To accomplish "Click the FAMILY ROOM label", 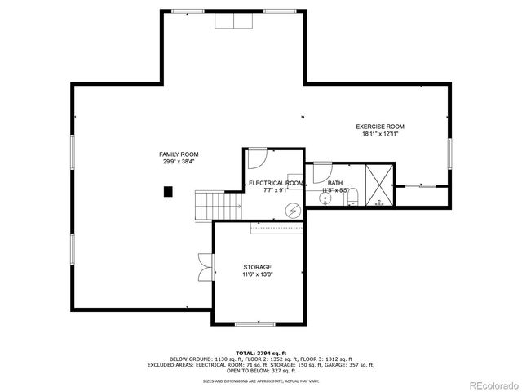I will click(x=179, y=154).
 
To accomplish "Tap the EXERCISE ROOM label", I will click(x=379, y=127).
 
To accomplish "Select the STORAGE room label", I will click(x=257, y=268).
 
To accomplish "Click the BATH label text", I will click(x=335, y=184).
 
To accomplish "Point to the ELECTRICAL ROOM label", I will click(x=276, y=184).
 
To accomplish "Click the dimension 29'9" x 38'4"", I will click(x=179, y=162).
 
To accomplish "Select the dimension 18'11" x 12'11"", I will click(x=379, y=134).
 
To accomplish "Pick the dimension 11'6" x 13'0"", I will click(x=257, y=275).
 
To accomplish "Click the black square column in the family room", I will click(x=168, y=191).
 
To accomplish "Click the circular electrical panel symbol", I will click(x=292, y=210).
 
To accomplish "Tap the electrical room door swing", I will click(x=256, y=158).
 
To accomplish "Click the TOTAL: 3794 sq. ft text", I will click(x=260, y=353).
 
